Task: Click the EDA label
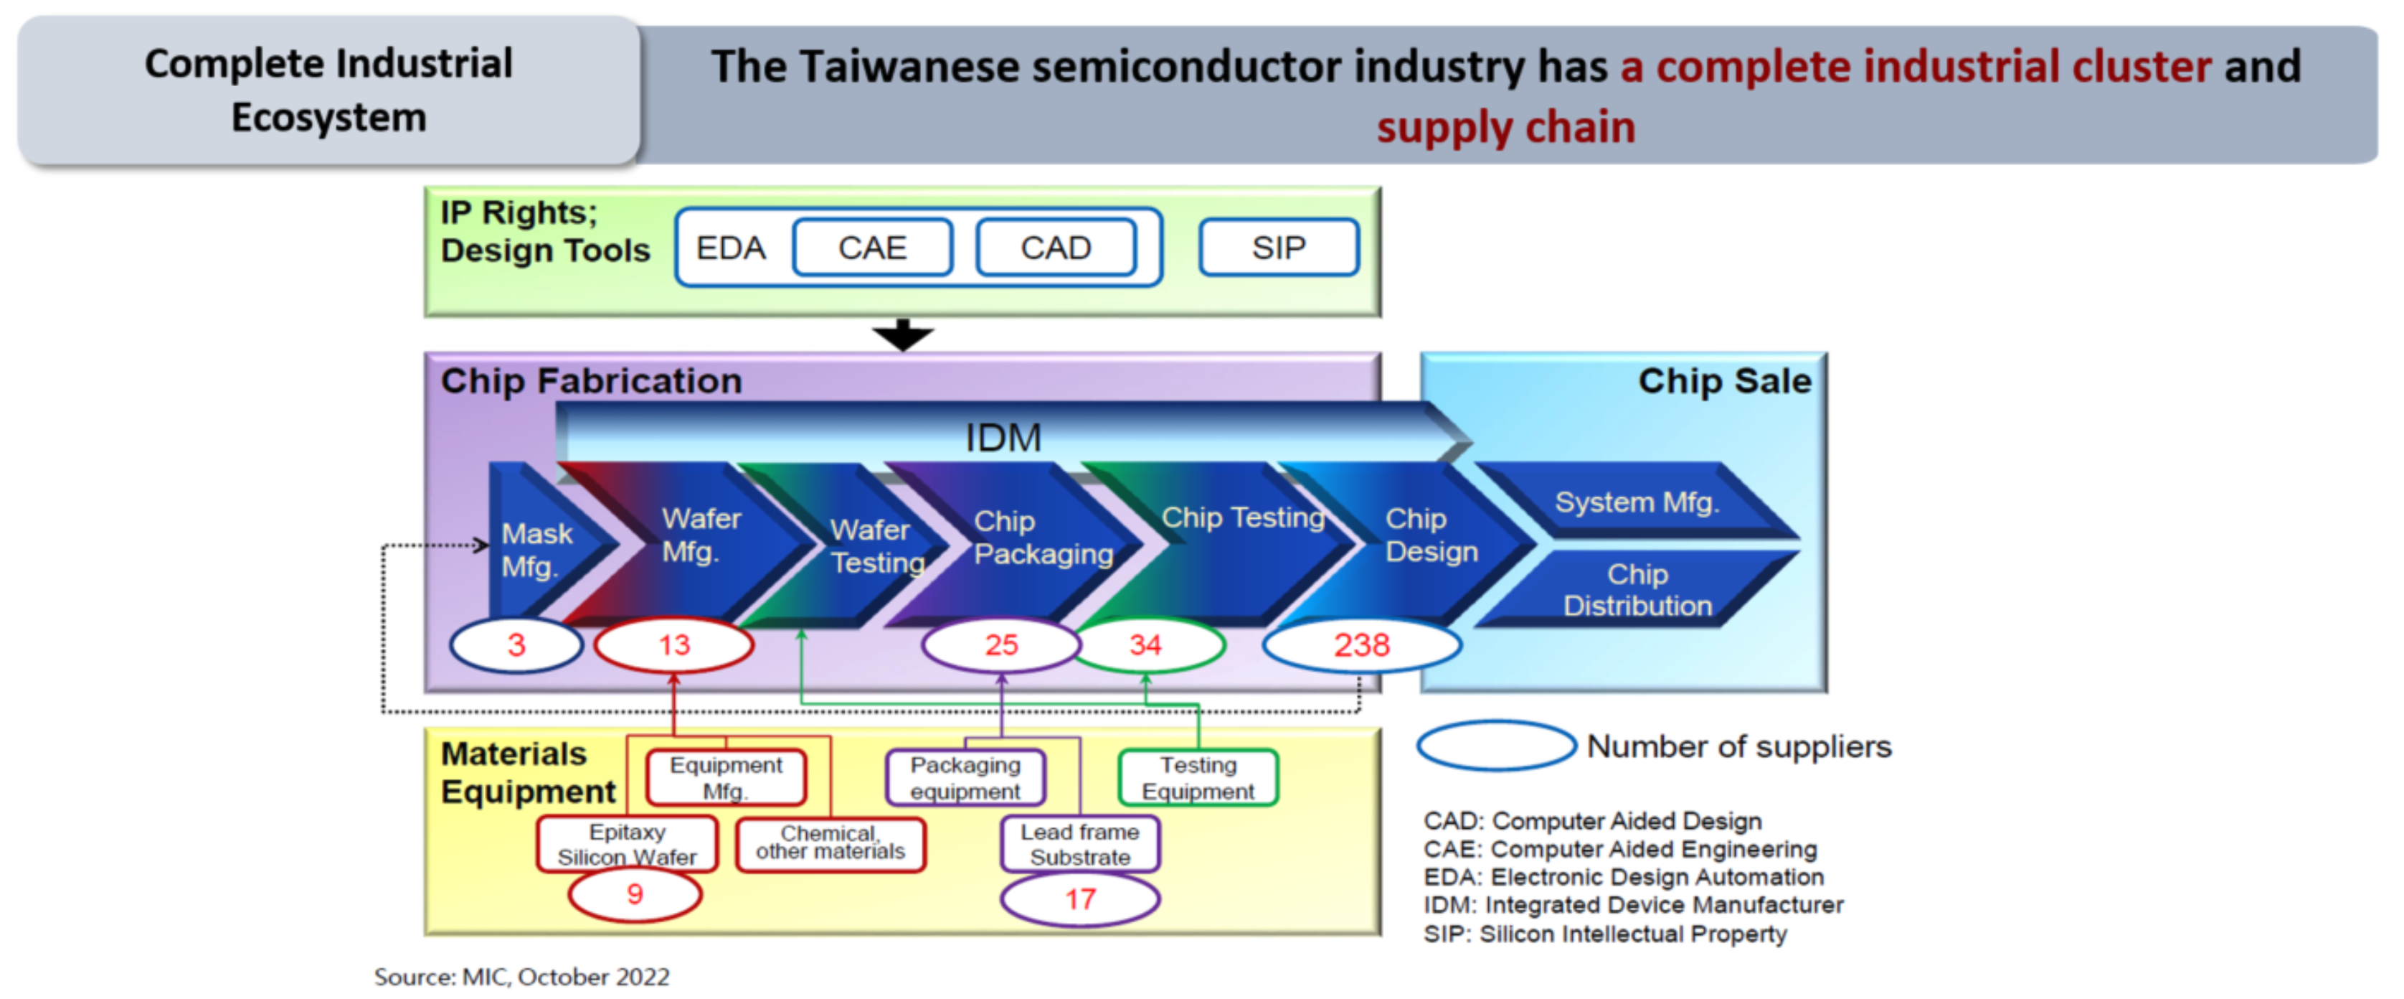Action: (x=731, y=248)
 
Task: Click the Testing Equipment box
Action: (x=1198, y=778)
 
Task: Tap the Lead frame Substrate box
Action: (x=1081, y=844)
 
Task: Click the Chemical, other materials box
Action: (x=830, y=844)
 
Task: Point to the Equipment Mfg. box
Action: (x=726, y=778)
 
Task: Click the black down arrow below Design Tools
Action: (x=902, y=335)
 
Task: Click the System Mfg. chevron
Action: (x=1637, y=502)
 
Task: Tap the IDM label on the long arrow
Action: (x=1003, y=437)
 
